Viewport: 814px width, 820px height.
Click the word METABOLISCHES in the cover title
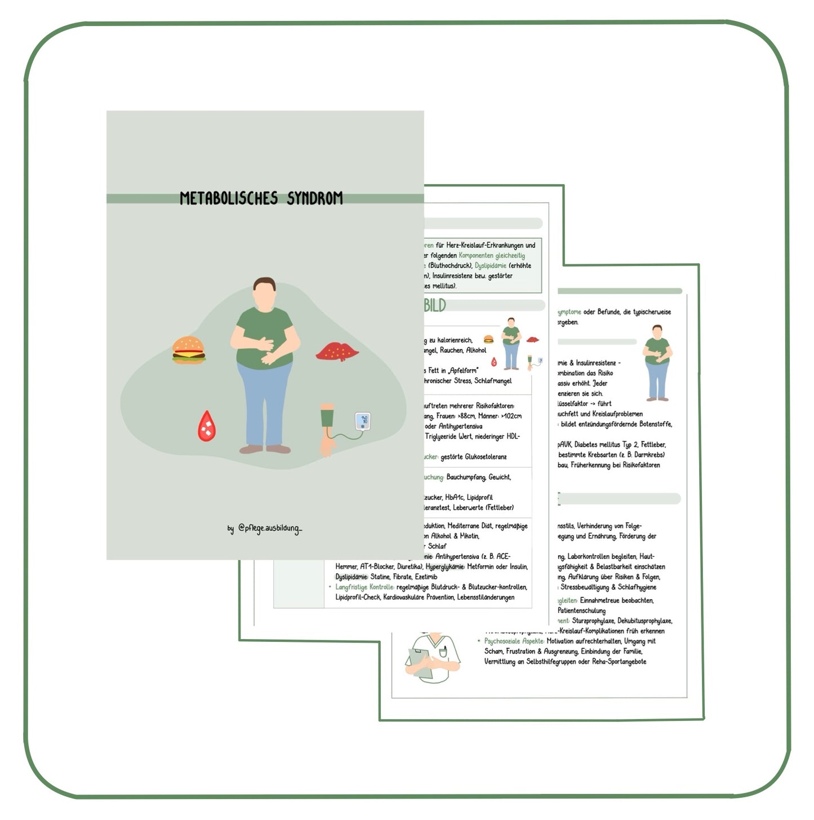[229, 198]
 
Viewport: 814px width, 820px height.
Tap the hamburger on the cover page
[189, 350]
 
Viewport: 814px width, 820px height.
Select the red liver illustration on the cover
[337, 352]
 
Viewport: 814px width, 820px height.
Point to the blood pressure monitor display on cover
[363, 420]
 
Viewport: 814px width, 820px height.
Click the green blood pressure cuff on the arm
[327, 418]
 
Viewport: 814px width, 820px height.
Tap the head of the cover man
[264, 293]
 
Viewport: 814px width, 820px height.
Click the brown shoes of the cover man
[265, 449]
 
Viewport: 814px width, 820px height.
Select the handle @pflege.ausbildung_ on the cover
[269, 528]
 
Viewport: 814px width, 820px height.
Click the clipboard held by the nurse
[419, 662]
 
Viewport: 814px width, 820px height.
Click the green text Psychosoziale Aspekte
[514, 641]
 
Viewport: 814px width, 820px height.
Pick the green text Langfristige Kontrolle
[364, 587]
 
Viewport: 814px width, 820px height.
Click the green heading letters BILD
[434, 305]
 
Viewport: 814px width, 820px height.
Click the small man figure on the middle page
[511, 343]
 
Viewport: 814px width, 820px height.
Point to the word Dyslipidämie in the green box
[490, 265]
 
